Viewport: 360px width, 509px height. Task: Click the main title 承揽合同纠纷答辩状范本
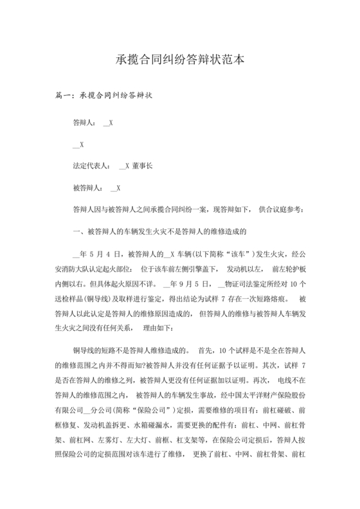pyautogui.click(x=180, y=59)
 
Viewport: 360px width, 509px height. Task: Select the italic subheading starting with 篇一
pyautogui.click(x=104, y=96)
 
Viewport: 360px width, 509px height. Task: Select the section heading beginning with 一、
pyautogui.click(x=161, y=231)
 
